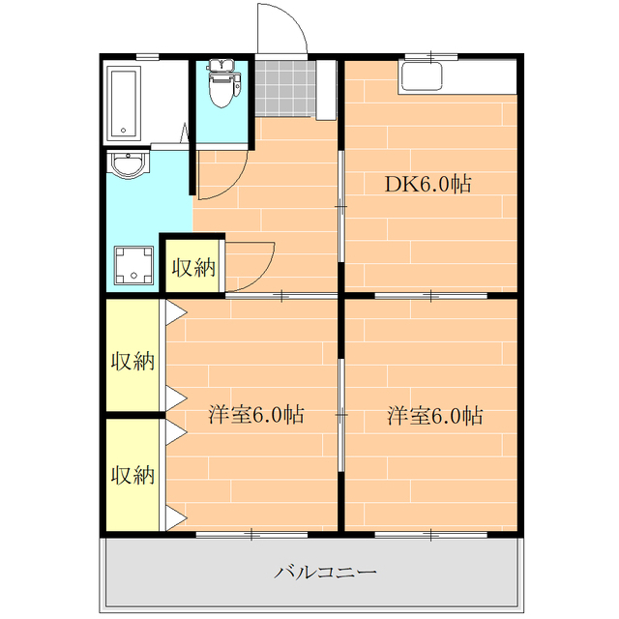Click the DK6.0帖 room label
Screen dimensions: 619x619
pyautogui.click(x=427, y=184)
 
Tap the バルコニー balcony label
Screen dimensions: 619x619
pyautogui.click(x=325, y=572)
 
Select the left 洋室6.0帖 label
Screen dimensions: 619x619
pyautogui.click(x=256, y=415)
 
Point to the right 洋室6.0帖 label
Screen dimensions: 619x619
pyautogui.click(x=434, y=415)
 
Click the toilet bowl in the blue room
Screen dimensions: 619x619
pyautogui.click(x=221, y=90)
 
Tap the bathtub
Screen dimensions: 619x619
pyautogui.click(x=124, y=103)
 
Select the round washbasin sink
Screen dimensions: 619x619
pyautogui.click(x=129, y=164)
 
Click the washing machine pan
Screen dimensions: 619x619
pyautogui.click(x=133, y=265)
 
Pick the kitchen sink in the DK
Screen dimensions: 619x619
pyautogui.click(x=422, y=77)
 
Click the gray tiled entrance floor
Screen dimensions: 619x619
pyautogui.click(x=285, y=88)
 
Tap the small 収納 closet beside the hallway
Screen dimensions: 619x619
pyautogui.click(x=192, y=266)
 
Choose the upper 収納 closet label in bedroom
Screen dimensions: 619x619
pyautogui.click(x=133, y=361)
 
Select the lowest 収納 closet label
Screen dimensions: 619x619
pyautogui.click(x=133, y=475)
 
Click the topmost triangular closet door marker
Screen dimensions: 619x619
pyautogui.click(x=175, y=312)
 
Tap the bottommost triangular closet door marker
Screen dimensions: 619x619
pyautogui.click(x=175, y=517)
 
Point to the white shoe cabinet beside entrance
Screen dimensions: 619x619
pyautogui.click(x=326, y=90)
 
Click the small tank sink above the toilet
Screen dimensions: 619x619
pyautogui.click(x=221, y=65)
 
